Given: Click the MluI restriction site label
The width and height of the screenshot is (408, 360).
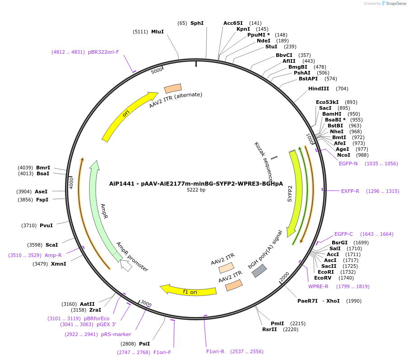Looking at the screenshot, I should (158, 32).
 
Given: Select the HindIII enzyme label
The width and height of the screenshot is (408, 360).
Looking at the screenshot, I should (319, 89).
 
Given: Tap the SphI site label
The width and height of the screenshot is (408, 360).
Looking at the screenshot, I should (197, 23).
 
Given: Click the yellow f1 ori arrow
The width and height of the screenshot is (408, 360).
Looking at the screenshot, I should (190, 290).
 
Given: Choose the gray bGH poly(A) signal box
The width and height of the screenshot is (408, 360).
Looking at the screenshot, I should (259, 271).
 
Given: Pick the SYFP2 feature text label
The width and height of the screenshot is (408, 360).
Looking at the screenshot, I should (290, 193).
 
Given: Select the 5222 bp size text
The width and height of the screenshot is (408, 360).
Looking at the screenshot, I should (196, 190).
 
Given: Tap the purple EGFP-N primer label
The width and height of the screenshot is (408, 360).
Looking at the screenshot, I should (348, 164).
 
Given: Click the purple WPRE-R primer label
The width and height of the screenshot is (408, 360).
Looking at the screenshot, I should (318, 286).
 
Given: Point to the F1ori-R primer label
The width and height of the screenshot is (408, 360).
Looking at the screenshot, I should (215, 351).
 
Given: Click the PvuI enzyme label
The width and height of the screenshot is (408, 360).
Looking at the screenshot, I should (46, 225).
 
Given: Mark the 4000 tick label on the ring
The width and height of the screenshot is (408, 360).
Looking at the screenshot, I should (71, 182).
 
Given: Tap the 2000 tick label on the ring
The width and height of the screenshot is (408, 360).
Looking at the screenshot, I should (284, 276).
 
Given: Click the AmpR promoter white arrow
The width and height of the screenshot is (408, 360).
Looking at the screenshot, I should (126, 266).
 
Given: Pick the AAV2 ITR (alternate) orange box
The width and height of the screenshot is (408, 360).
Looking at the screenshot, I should (172, 89).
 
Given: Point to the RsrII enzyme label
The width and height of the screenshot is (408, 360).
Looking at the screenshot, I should (269, 329).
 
